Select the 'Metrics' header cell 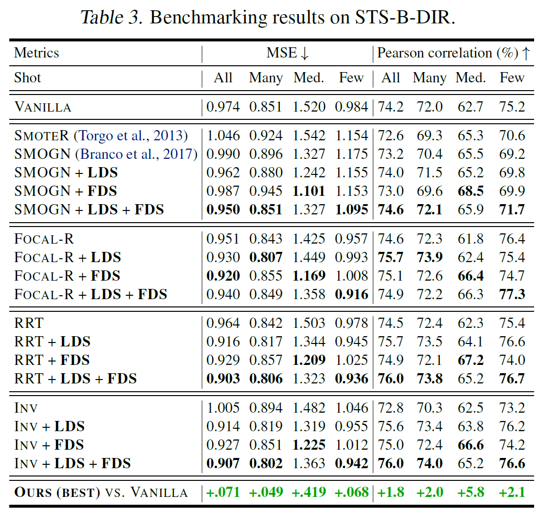tap(37, 53)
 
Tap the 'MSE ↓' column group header tap(288, 53)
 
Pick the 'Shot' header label tap(28, 78)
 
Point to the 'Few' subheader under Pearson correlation tap(512, 78)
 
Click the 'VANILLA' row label tap(43, 107)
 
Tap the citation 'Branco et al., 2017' tap(136, 154)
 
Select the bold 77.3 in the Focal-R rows tap(512, 294)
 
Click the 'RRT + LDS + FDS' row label tap(76, 379)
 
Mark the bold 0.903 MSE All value tap(223, 379)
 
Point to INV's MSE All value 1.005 tap(223, 408)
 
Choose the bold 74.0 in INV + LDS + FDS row tap(429, 463)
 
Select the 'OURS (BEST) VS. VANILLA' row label tap(101, 492)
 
